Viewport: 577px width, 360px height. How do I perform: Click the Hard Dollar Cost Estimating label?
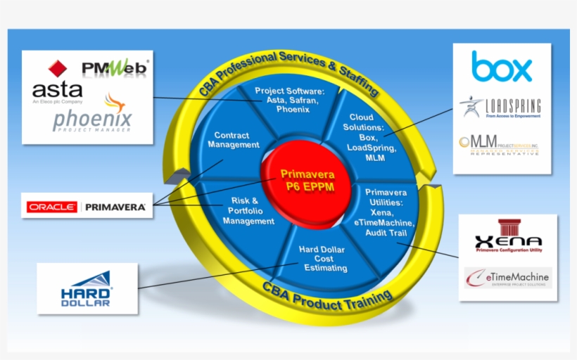(322, 258)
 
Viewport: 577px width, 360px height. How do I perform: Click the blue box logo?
(502, 67)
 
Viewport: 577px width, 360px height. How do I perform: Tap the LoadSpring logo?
(501, 107)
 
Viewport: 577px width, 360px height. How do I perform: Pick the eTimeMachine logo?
(508, 278)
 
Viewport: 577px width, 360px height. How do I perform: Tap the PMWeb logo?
(115, 67)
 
